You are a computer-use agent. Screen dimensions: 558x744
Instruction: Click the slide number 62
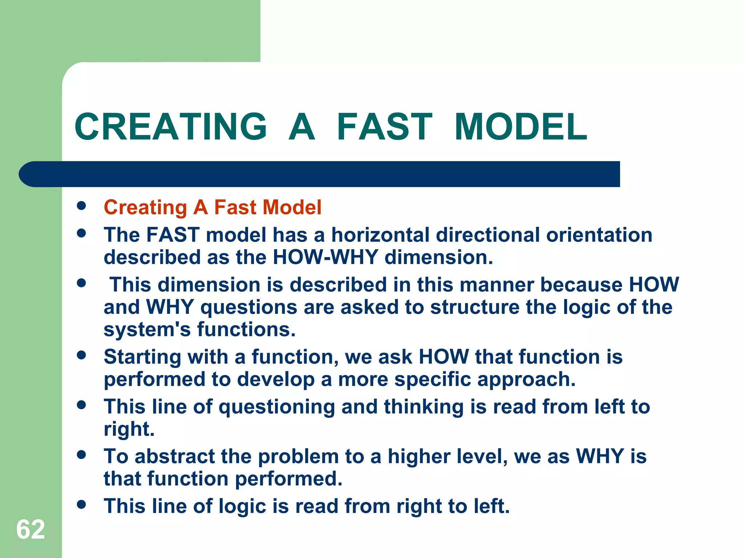point(31,529)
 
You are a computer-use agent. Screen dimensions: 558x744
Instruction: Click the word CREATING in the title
point(171,127)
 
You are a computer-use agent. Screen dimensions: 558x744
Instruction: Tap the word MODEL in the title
point(521,127)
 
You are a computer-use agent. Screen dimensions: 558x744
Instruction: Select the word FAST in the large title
point(384,127)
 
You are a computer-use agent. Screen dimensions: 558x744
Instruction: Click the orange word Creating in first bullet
point(145,208)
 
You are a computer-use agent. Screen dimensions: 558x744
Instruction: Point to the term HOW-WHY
point(325,257)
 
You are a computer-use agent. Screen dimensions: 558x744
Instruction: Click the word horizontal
point(380,235)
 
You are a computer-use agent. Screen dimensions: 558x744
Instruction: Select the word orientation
point(599,235)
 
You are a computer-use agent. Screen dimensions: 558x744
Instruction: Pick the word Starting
point(142,357)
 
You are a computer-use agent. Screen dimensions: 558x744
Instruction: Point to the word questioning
point(276,407)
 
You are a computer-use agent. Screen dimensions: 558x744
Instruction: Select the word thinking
point(424,407)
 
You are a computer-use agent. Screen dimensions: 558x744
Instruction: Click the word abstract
point(175,457)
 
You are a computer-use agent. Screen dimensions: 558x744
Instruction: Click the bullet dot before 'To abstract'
point(81,454)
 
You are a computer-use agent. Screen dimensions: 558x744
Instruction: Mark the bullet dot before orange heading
point(81,206)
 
